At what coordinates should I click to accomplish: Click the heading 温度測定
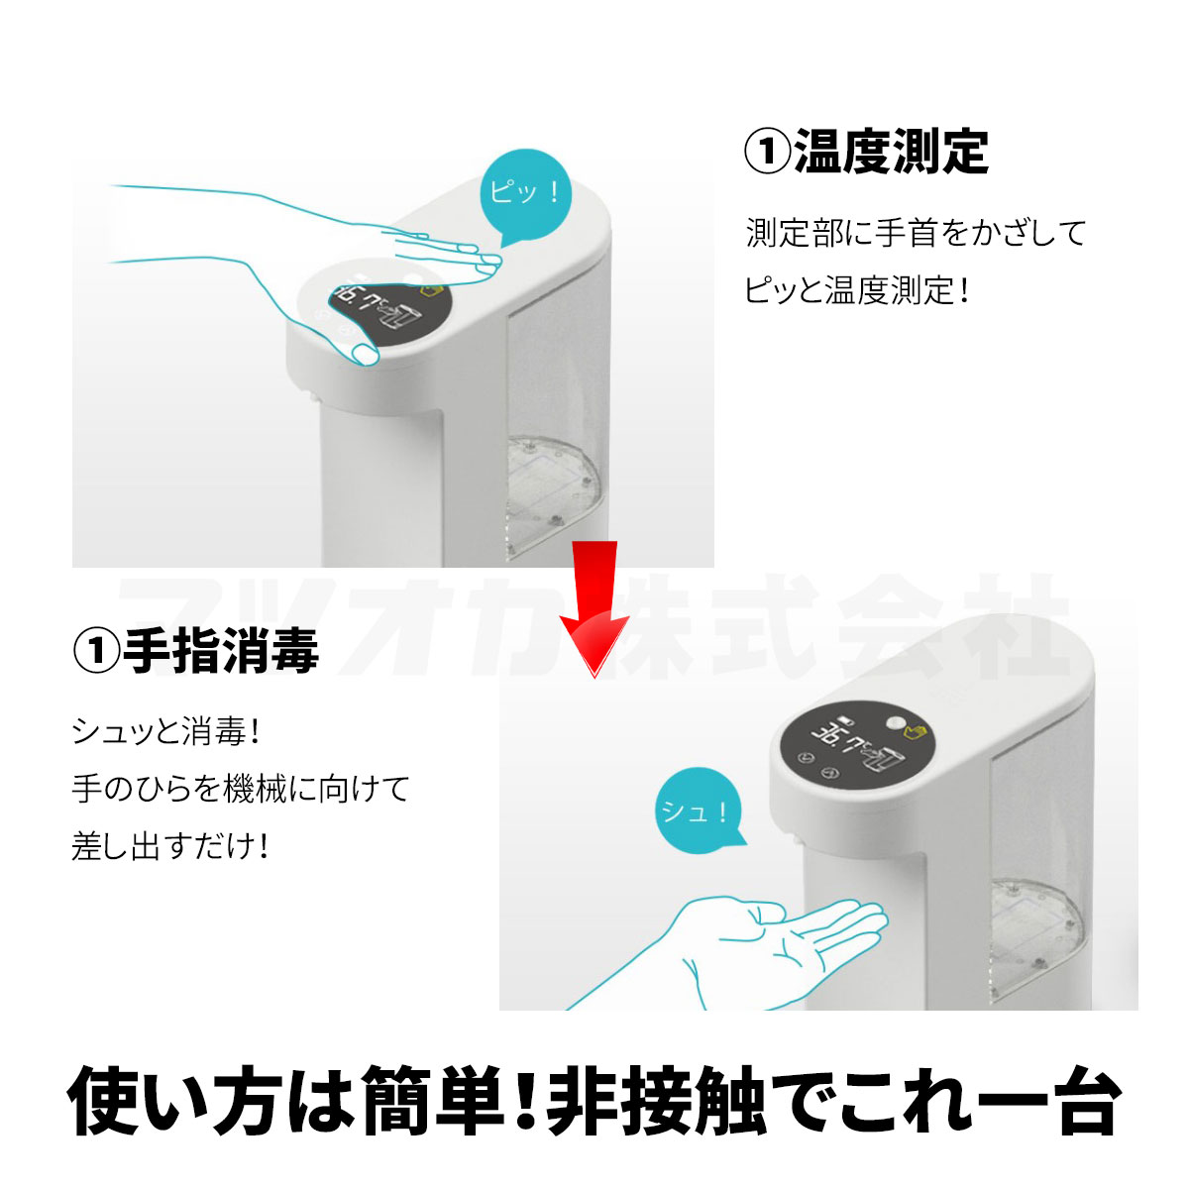(891, 152)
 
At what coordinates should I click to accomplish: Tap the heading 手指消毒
(220, 650)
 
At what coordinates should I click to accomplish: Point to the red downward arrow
(594, 607)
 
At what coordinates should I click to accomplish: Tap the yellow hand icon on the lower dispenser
(916, 732)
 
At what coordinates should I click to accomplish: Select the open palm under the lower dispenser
(728, 953)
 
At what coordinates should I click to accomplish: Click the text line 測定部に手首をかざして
(916, 233)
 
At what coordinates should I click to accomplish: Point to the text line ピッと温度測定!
(857, 290)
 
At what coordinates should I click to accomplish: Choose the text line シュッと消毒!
(165, 732)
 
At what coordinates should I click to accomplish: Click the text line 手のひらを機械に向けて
(241, 789)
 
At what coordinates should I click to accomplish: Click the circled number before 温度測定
(767, 152)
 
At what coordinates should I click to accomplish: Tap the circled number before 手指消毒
(96, 651)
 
